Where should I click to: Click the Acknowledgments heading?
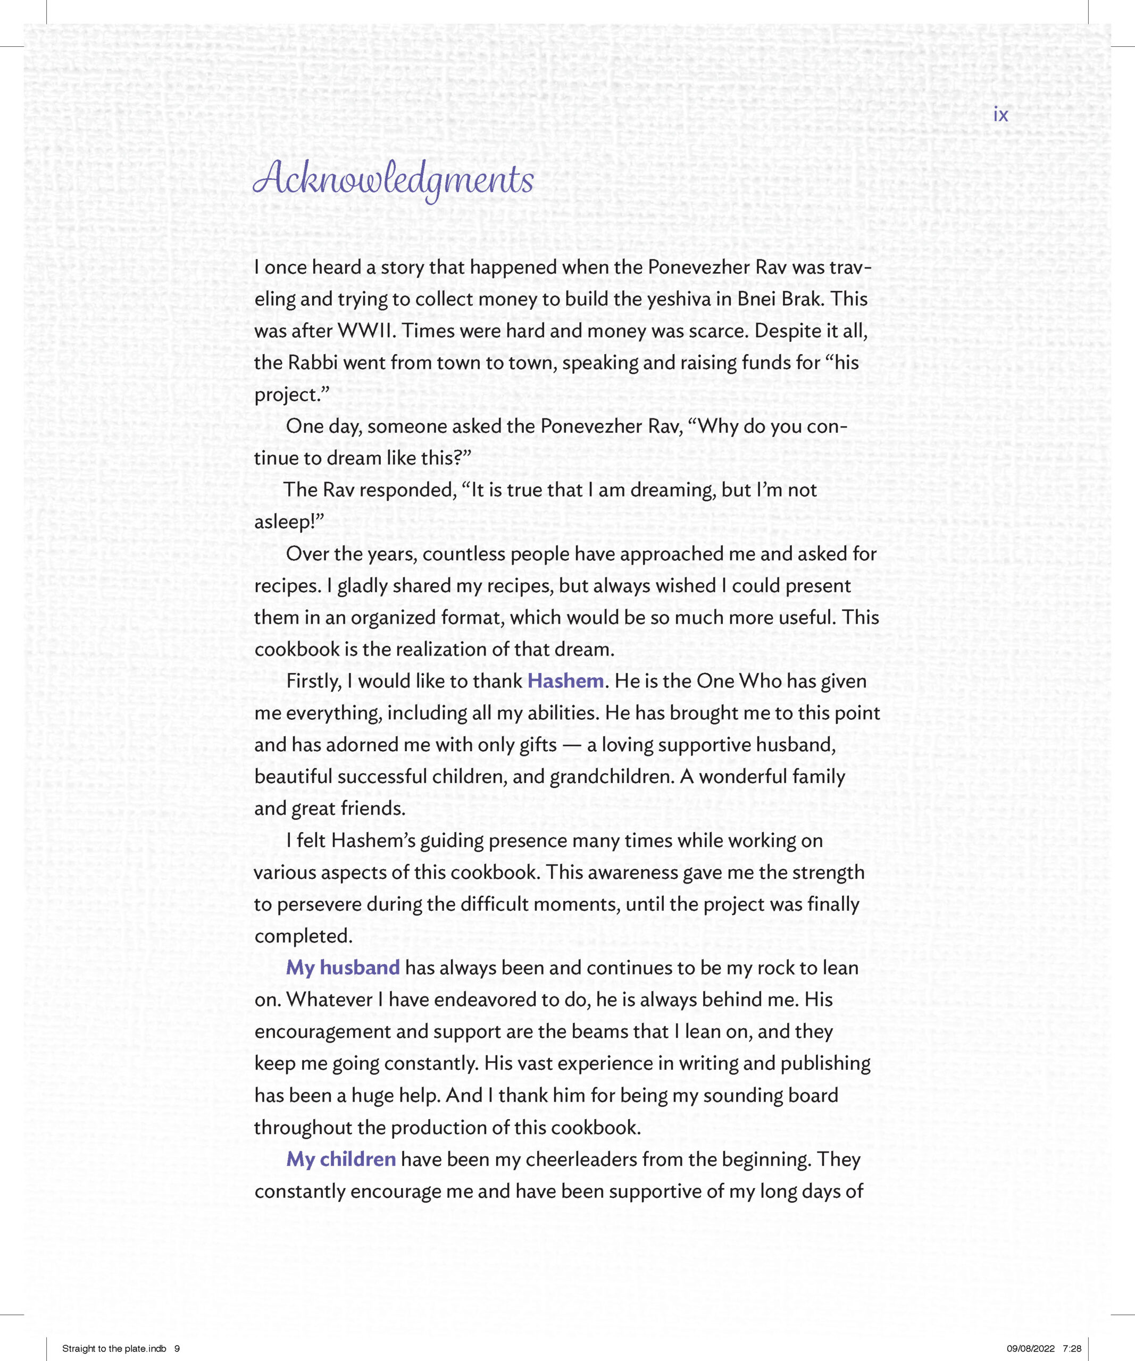click(394, 180)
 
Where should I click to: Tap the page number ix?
click(1001, 115)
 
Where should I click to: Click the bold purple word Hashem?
click(565, 681)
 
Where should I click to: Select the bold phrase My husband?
click(343, 968)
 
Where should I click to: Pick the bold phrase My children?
click(341, 1159)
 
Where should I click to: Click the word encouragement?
click(322, 1031)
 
